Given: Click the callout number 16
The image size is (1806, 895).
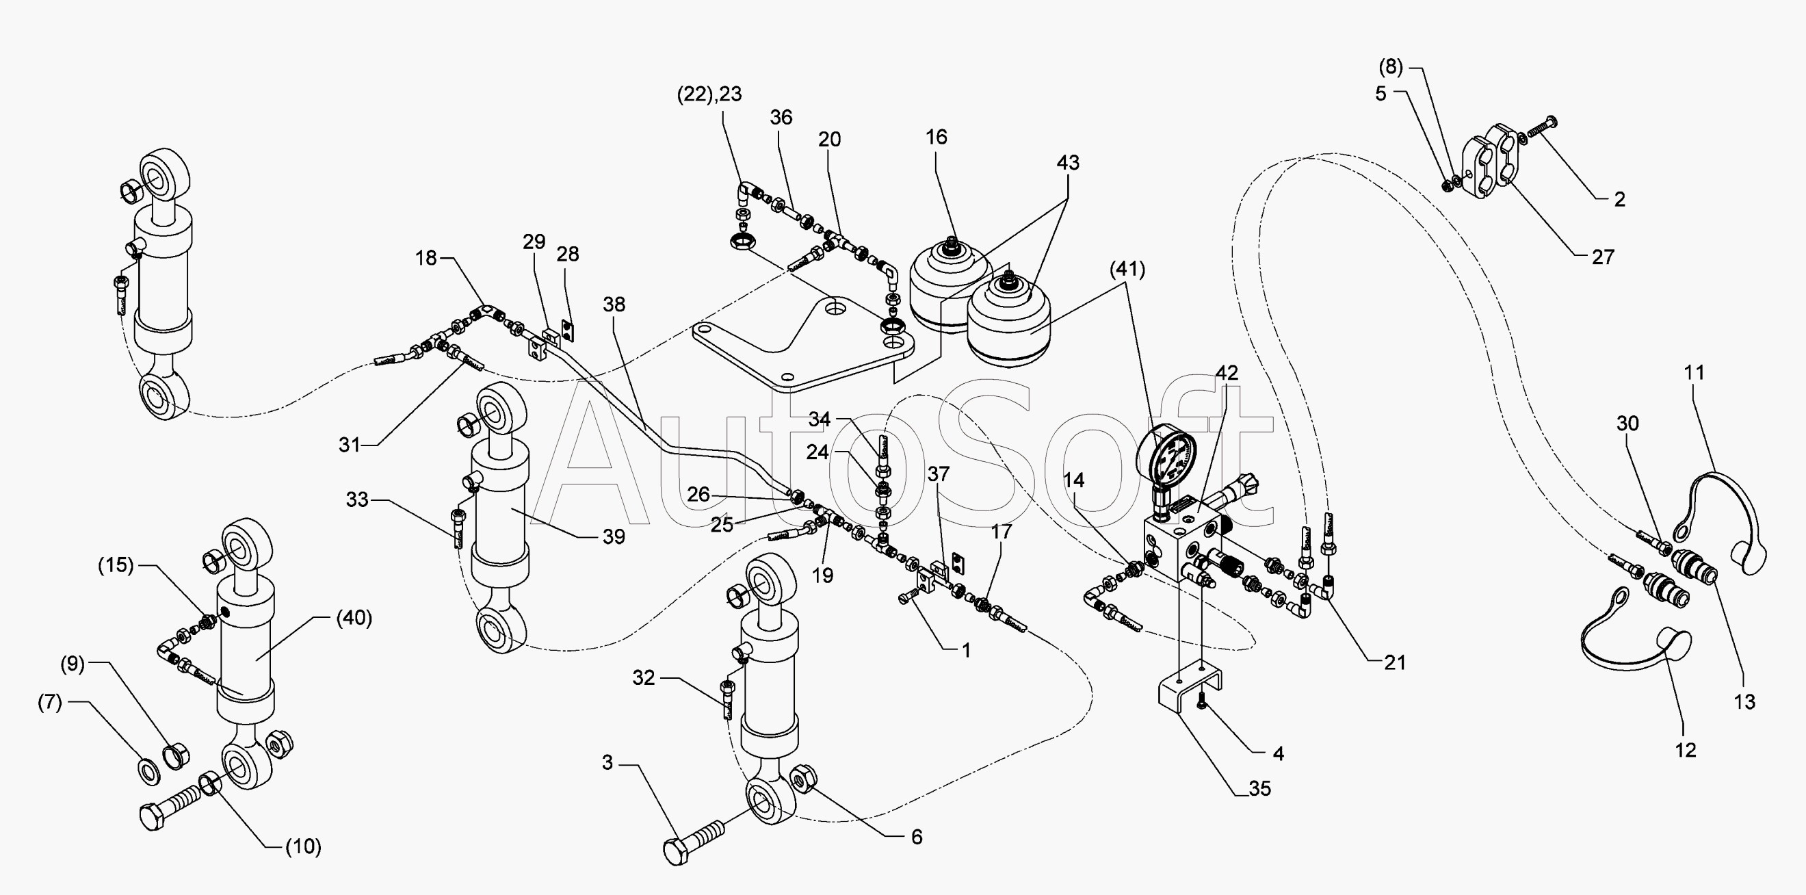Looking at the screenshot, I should click(936, 137).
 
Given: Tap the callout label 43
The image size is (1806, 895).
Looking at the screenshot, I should click(1067, 163).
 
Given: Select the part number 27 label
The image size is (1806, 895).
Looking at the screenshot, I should click(1603, 257).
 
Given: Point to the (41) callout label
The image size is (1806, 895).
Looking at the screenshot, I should click(1127, 269).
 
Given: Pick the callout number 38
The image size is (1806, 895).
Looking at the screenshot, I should click(614, 304).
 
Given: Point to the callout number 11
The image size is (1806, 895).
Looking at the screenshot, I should click(1694, 372).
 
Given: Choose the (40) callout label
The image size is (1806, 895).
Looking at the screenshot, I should click(354, 618).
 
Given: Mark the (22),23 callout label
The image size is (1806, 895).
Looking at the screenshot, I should click(709, 94).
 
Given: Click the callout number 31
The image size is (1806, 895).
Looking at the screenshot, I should click(349, 445).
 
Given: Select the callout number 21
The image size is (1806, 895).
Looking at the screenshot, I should click(1394, 662).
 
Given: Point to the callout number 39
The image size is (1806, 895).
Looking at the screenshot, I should click(614, 536).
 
